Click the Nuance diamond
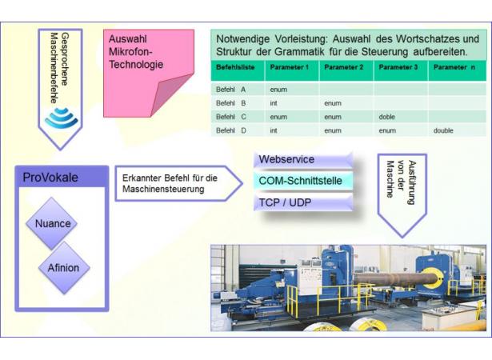click(x=52, y=223)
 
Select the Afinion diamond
click(x=64, y=268)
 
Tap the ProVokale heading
click(x=50, y=178)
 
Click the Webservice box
click(x=303, y=160)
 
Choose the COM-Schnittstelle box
click(x=303, y=181)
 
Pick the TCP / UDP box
click(x=303, y=202)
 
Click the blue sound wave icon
click(x=61, y=118)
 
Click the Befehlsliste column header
click(x=235, y=67)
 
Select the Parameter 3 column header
click(x=398, y=67)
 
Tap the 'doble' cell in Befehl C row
click(x=387, y=117)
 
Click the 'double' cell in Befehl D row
click(x=443, y=130)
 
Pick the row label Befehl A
click(x=230, y=90)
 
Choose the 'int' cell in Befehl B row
click(x=274, y=103)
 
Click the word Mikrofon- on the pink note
click(x=130, y=51)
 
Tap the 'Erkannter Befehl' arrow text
click(x=170, y=184)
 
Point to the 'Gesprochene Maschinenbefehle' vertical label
click(x=59, y=68)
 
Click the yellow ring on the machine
click(x=432, y=278)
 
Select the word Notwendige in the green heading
click(x=243, y=39)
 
